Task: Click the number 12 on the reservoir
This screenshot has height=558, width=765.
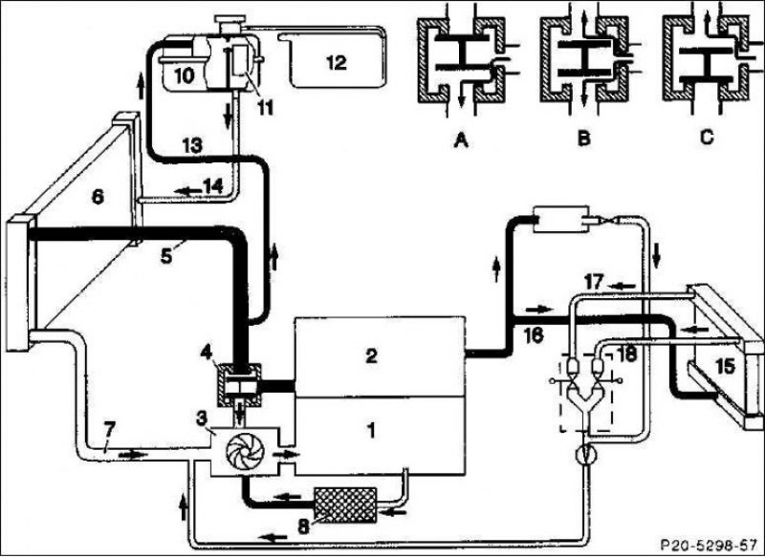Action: point(337,62)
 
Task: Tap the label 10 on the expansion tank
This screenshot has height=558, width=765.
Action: point(184,75)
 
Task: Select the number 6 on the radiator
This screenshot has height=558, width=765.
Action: point(98,197)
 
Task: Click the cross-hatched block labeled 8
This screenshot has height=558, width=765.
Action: point(345,504)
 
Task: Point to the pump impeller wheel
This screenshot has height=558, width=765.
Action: point(245,453)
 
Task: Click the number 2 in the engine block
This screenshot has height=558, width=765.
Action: point(372,355)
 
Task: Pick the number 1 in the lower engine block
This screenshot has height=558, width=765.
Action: point(372,431)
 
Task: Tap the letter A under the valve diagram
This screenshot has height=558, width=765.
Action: point(461,140)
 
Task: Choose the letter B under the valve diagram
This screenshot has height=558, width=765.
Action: point(583,139)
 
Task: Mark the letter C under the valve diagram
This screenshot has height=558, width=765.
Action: point(707,138)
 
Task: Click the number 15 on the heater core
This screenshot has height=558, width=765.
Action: point(725,367)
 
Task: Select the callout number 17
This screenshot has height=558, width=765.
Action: point(593,282)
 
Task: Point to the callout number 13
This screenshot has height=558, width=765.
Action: point(193,145)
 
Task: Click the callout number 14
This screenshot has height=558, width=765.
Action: point(213,186)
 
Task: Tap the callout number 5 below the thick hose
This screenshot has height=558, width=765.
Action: point(165,256)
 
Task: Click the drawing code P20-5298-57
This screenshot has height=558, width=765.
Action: point(708,545)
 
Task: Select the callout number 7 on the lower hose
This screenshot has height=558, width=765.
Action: point(109,429)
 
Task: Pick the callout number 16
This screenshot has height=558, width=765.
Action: point(535,335)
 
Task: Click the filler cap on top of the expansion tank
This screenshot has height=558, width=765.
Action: point(230,23)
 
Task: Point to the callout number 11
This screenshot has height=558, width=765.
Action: point(266,108)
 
